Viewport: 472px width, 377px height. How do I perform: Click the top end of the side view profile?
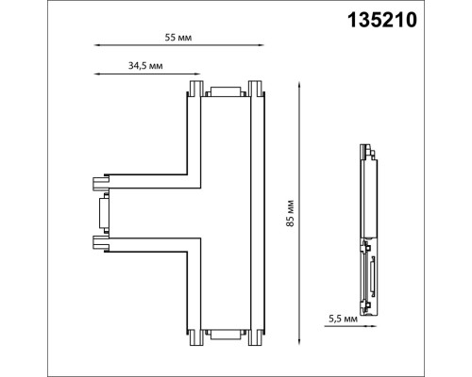point(364,149)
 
